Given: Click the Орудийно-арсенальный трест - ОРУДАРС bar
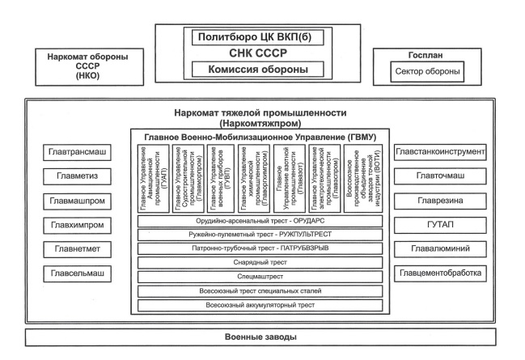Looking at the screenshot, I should coord(261,221).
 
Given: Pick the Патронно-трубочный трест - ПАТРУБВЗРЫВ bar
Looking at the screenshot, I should coord(261,248).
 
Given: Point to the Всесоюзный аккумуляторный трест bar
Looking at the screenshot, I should coord(261,304).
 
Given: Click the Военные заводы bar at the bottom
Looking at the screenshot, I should coord(262,336).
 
